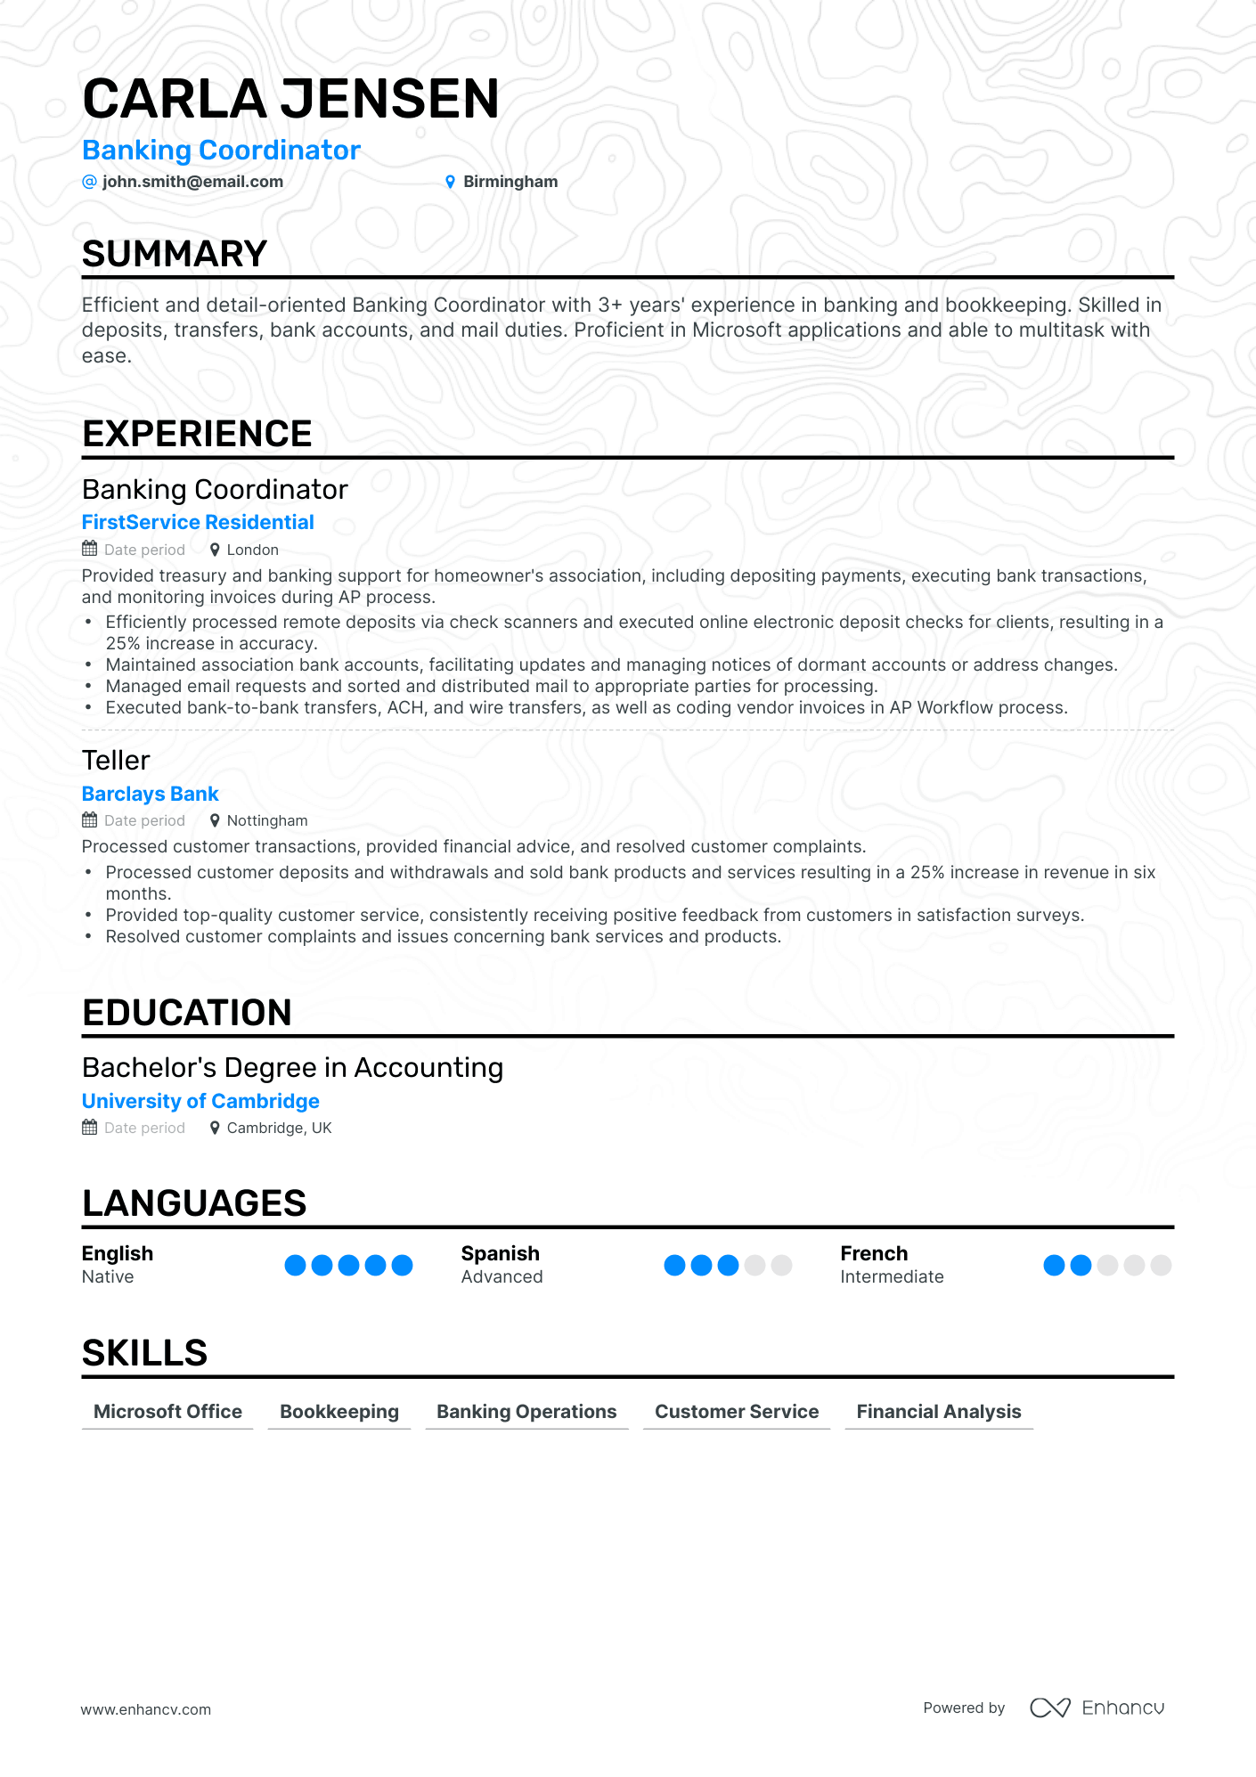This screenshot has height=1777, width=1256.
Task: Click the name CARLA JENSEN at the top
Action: [x=290, y=98]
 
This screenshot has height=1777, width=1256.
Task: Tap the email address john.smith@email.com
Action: [x=192, y=182]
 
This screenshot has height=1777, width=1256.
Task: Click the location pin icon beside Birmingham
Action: [x=450, y=182]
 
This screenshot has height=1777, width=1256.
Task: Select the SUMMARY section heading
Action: [x=175, y=254]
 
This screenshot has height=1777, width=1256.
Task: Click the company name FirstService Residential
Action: [x=198, y=522]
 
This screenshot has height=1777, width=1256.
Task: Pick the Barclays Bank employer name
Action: [x=150, y=794]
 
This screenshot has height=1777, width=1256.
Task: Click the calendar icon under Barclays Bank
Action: [x=89, y=820]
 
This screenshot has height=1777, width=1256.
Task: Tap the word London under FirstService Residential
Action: [x=252, y=550]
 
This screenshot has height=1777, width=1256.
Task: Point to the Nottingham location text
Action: [x=267, y=820]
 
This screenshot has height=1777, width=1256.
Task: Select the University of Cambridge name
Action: [x=200, y=1101]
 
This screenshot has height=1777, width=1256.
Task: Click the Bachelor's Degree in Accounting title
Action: [x=292, y=1067]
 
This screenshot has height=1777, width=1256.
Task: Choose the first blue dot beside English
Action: [x=295, y=1265]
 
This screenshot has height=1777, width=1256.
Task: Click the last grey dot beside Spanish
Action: [x=781, y=1265]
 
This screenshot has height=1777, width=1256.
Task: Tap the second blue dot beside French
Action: [x=1081, y=1265]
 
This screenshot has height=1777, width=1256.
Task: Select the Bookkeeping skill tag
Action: [x=339, y=1412]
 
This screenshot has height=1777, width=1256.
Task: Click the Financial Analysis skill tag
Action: [x=939, y=1412]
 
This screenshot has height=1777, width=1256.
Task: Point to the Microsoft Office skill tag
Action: [x=167, y=1412]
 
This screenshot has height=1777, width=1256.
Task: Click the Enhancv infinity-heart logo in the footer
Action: [x=1050, y=1708]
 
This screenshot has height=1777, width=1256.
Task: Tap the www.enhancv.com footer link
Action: [x=146, y=1709]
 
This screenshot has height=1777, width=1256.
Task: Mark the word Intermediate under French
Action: [x=892, y=1276]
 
